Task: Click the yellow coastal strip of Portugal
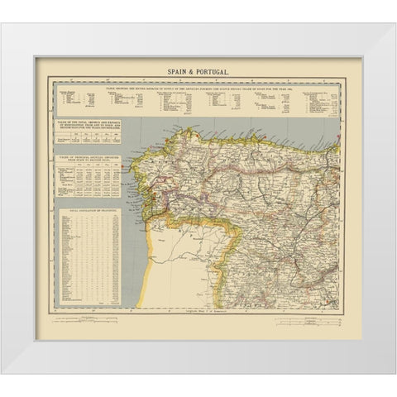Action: coord(150,265)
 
